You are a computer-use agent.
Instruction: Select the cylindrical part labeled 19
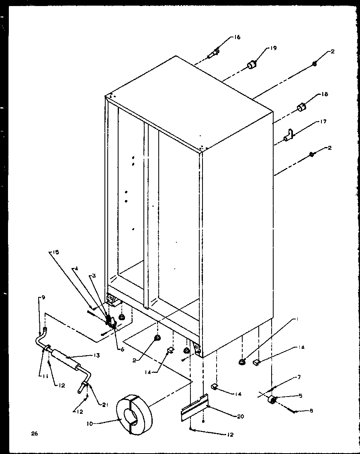point(252,65)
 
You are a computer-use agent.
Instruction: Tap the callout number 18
point(324,94)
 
